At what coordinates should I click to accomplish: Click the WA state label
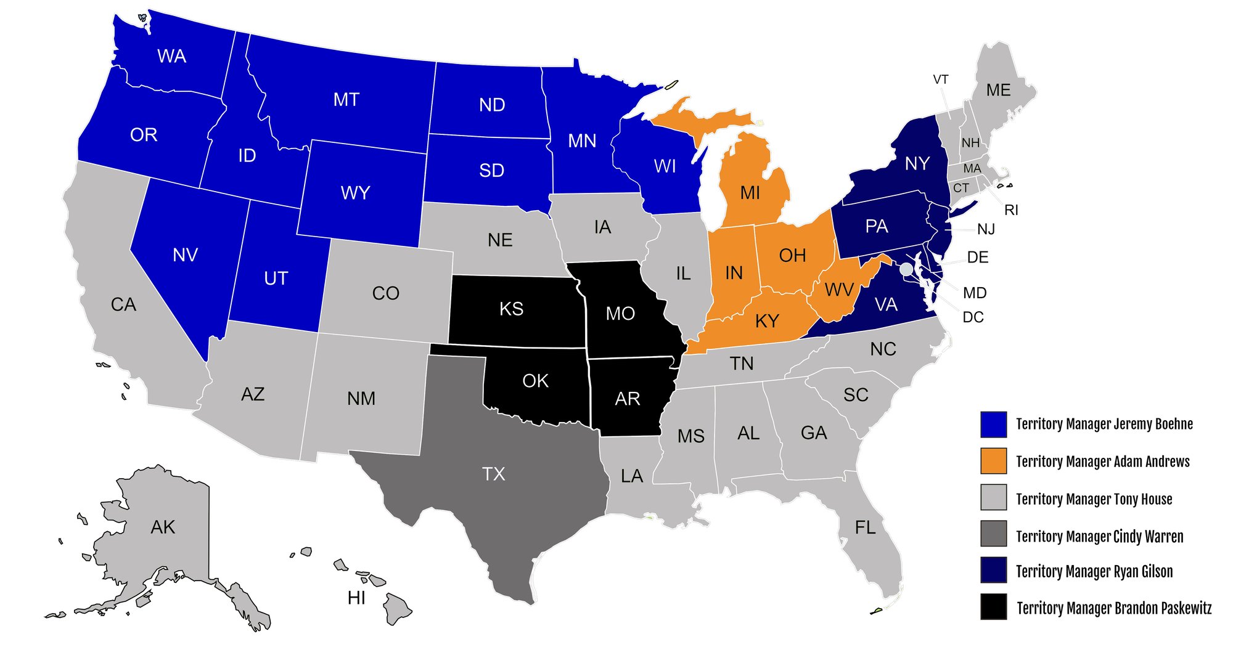point(171,56)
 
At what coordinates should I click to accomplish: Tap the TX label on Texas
point(493,474)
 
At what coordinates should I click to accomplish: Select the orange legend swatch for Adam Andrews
point(993,461)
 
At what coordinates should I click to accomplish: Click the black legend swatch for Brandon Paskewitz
point(993,607)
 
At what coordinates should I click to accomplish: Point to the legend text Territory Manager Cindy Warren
point(1099,537)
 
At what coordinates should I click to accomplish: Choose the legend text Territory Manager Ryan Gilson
point(1094,572)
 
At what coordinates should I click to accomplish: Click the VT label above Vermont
point(940,79)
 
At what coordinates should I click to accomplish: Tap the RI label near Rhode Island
point(1011,210)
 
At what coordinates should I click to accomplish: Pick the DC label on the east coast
point(973,317)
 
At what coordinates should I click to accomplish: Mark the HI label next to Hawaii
point(356,598)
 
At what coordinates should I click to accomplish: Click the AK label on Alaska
point(163,527)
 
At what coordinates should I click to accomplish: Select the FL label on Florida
point(865,527)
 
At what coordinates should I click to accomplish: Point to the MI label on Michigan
point(750,193)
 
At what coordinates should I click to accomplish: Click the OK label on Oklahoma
point(535,381)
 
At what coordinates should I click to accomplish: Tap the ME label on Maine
point(998,90)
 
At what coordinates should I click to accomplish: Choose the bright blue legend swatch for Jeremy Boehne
point(993,424)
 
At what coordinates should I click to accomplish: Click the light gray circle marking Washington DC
point(906,269)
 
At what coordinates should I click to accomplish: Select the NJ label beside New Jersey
point(986,229)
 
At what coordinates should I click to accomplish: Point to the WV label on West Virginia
point(839,290)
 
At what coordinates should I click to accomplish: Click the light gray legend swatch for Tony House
point(993,498)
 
